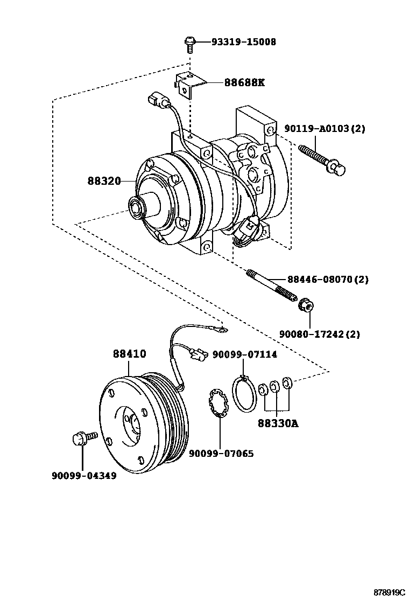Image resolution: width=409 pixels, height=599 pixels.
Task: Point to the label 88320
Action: pos(104,181)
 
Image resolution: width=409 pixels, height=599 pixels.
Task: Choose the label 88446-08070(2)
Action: pos(328,280)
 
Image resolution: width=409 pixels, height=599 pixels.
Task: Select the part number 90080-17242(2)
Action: pos(319,334)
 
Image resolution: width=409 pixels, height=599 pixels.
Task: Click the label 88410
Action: pos(129,354)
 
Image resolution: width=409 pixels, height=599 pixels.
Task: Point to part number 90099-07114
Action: pos(244,354)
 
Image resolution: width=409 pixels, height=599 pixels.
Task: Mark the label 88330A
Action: pos(277,423)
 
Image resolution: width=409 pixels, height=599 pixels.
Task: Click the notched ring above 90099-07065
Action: pos(220,405)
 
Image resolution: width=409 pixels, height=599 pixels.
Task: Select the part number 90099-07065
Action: pos(221,454)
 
